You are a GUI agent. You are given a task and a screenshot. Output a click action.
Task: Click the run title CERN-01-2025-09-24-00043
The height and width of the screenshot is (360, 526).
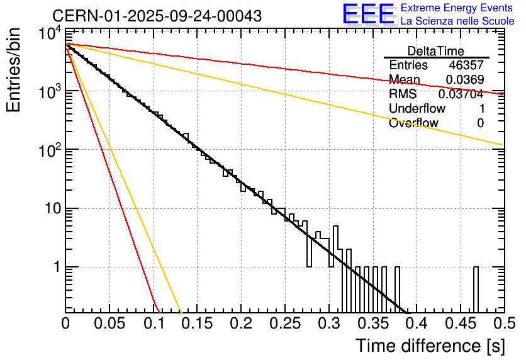[x=157, y=15]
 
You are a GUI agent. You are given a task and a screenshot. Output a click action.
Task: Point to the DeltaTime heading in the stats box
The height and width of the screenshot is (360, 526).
[x=436, y=51]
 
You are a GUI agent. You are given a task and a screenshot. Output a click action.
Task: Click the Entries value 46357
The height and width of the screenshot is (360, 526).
[x=466, y=65]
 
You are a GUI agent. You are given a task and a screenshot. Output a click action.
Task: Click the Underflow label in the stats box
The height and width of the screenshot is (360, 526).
[x=417, y=109]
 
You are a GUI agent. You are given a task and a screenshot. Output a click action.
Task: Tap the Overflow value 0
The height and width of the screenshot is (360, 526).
[x=480, y=123]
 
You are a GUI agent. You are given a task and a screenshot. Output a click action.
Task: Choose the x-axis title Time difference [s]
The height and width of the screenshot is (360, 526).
[x=430, y=345]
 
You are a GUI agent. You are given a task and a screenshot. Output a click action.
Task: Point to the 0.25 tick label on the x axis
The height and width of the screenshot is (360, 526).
[x=284, y=323]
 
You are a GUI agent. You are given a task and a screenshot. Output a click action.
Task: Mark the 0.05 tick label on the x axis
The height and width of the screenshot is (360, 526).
[x=109, y=323]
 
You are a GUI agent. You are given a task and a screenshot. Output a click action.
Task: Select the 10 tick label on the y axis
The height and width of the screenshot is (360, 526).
[x=50, y=208]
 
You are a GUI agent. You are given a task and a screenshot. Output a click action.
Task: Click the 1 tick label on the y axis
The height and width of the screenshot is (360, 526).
[x=55, y=267]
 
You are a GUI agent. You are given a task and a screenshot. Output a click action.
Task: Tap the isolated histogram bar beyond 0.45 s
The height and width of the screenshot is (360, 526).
[x=476, y=290]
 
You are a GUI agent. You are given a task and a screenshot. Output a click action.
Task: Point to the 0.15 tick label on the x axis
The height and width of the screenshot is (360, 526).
[x=197, y=323]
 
